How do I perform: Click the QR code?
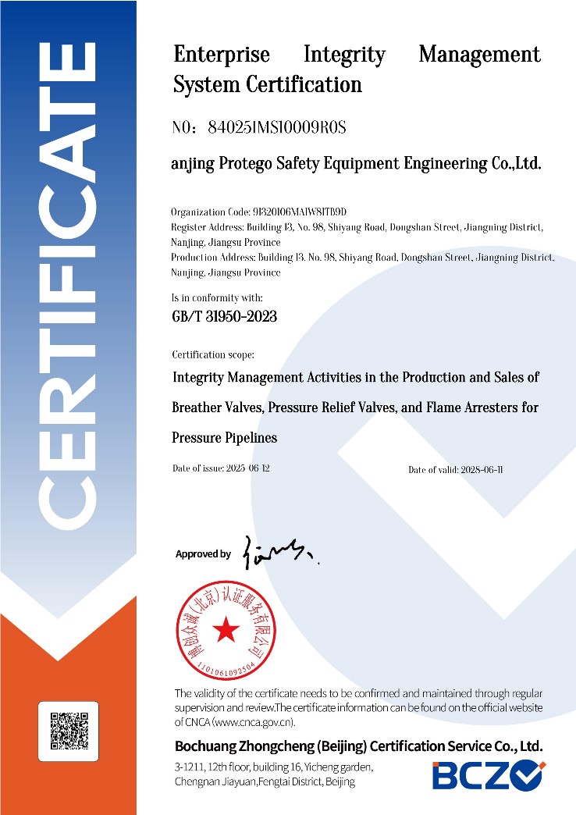68,732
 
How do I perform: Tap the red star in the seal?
227,631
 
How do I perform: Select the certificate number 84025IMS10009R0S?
278,127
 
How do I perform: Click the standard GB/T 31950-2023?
224,317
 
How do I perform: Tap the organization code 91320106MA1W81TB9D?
301,212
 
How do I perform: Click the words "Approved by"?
203,554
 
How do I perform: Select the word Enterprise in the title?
222,55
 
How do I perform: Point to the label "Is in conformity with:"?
217,297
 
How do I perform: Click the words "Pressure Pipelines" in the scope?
224,438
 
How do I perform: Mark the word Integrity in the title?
344,55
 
